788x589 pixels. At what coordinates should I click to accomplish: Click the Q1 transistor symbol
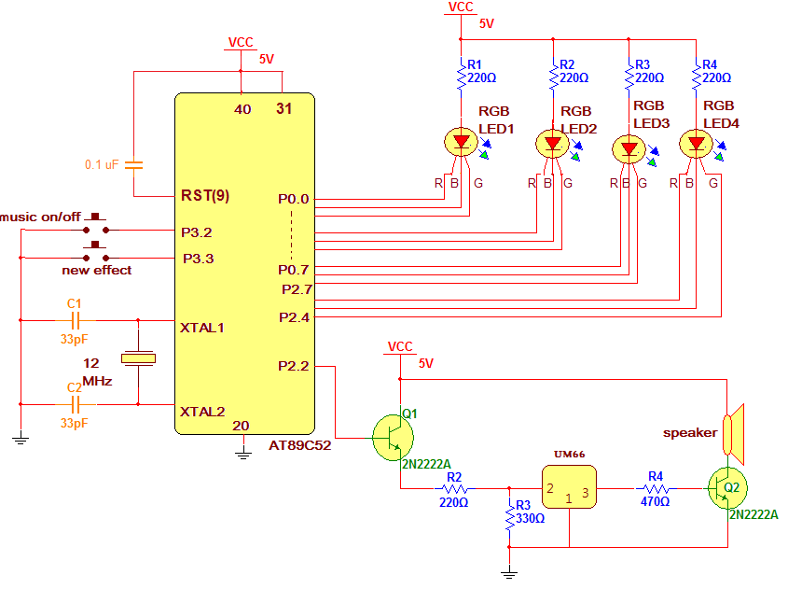[x=394, y=437]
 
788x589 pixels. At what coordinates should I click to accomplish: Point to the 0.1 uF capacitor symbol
[x=134, y=164]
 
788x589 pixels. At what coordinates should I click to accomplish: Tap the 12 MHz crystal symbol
[x=138, y=358]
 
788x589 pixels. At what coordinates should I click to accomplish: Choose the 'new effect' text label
[x=97, y=271]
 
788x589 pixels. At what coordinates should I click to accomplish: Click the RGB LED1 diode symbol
[x=461, y=143]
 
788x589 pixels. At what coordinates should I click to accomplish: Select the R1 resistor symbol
[x=461, y=77]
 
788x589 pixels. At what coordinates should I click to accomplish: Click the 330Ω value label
[x=531, y=518]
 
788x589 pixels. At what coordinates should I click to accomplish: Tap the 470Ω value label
[x=657, y=501]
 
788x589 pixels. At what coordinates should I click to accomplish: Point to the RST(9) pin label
[x=204, y=196]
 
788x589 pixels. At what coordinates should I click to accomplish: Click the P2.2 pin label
[x=293, y=366]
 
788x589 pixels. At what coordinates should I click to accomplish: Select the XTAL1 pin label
[x=202, y=328]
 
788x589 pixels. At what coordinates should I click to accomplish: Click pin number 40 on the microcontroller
[x=242, y=109]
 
